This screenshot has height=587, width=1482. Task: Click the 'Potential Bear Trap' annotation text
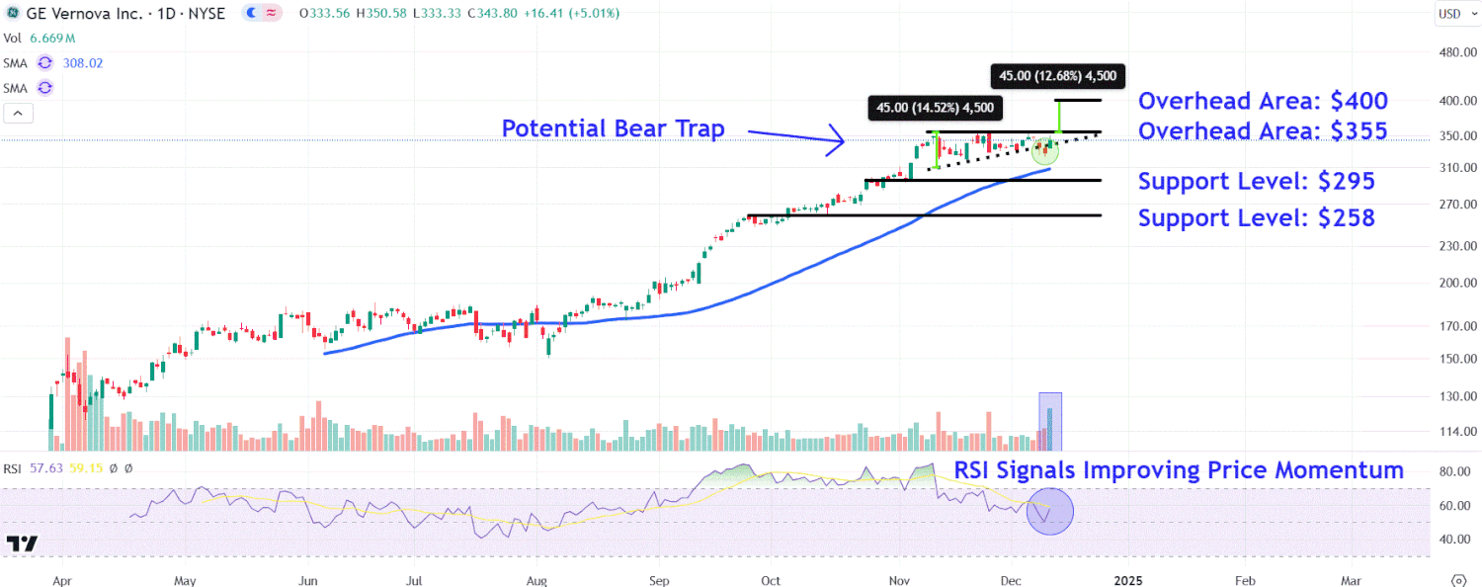(613, 128)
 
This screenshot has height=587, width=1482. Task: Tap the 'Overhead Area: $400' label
(1263, 101)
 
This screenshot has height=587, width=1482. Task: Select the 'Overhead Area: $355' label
(1263, 131)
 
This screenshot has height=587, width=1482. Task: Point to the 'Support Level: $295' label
(1256, 181)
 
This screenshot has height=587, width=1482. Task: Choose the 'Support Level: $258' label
(1256, 217)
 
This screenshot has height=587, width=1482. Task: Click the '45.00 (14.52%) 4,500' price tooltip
(931, 108)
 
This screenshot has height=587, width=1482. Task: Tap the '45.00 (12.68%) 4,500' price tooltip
(1057, 75)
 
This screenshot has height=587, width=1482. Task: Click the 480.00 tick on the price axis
(1457, 53)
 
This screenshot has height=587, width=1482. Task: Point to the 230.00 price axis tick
(1457, 245)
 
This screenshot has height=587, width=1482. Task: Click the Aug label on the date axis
(536, 580)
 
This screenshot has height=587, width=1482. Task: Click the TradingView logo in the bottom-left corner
(22, 544)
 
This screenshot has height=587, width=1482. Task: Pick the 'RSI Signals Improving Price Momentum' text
(1178, 470)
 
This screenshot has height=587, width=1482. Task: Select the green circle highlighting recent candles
(1044, 151)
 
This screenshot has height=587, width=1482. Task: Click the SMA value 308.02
(82, 62)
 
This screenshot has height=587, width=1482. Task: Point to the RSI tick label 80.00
(1457, 472)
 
